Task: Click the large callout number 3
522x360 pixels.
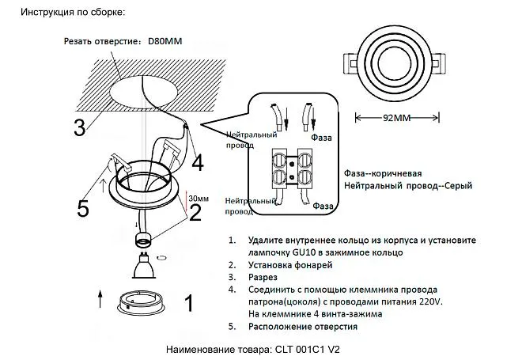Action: click(x=79, y=127)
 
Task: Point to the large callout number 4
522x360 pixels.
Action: click(x=197, y=161)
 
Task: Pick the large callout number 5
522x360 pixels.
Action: click(x=83, y=208)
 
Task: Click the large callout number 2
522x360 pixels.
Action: click(x=195, y=212)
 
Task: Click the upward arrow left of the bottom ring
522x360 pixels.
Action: click(x=100, y=299)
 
